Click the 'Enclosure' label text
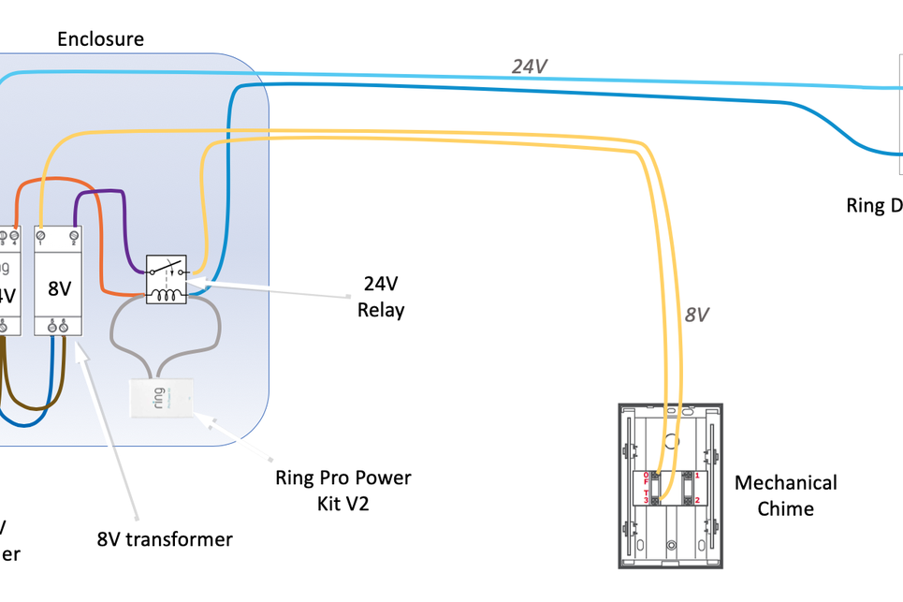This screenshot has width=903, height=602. point(100,39)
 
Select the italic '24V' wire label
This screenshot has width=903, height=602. point(530,66)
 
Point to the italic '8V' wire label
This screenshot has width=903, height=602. point(695,315)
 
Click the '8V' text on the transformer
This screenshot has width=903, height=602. point(59,288)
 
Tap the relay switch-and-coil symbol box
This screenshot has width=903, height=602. point(167,279)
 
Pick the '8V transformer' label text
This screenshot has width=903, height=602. point(165,539)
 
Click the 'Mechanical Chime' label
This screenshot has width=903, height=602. point(785,495)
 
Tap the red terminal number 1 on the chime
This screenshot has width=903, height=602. point(696,477)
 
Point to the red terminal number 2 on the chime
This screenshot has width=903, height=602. point(696,500)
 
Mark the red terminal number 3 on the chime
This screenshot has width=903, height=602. point(646,500)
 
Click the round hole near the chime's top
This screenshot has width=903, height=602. point(671,438)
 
